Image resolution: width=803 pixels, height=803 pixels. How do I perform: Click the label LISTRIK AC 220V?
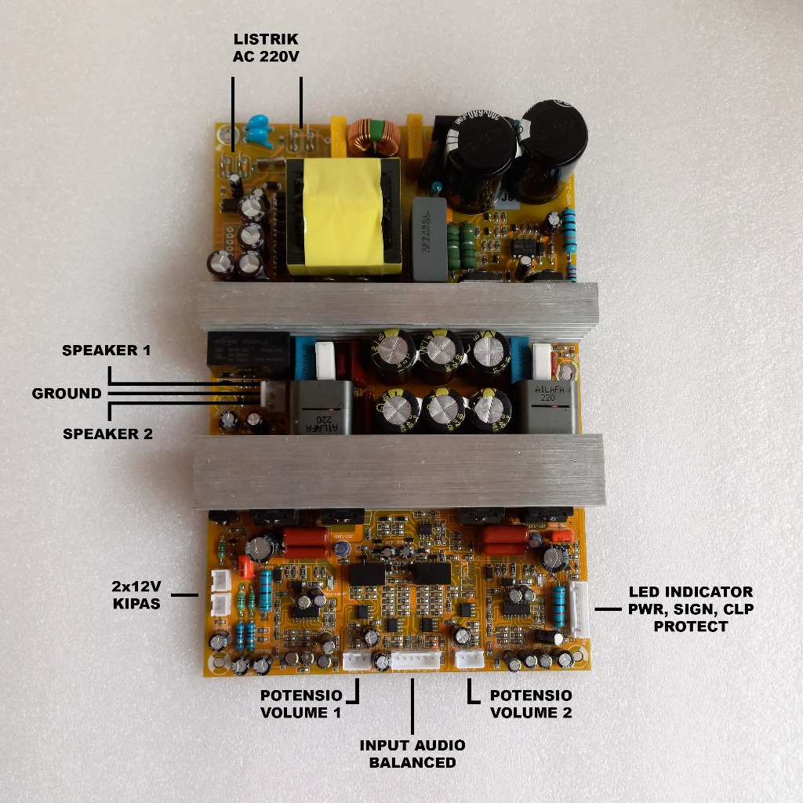(266, 48)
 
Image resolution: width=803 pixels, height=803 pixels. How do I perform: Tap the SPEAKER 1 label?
(106, 351)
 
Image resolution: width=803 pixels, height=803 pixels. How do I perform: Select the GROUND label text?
(67, 393)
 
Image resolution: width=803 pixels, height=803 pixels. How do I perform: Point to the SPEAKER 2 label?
(107, 433)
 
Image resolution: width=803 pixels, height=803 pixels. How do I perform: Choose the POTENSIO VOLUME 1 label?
(300, 704)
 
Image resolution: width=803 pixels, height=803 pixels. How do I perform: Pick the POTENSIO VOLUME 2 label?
(530, 704)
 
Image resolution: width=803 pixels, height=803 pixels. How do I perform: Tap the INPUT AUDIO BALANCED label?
(412, 754)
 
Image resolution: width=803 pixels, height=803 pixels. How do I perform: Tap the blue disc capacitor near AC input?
(260, 128)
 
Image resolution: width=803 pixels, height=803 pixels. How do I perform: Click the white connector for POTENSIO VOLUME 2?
(470, 658)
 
